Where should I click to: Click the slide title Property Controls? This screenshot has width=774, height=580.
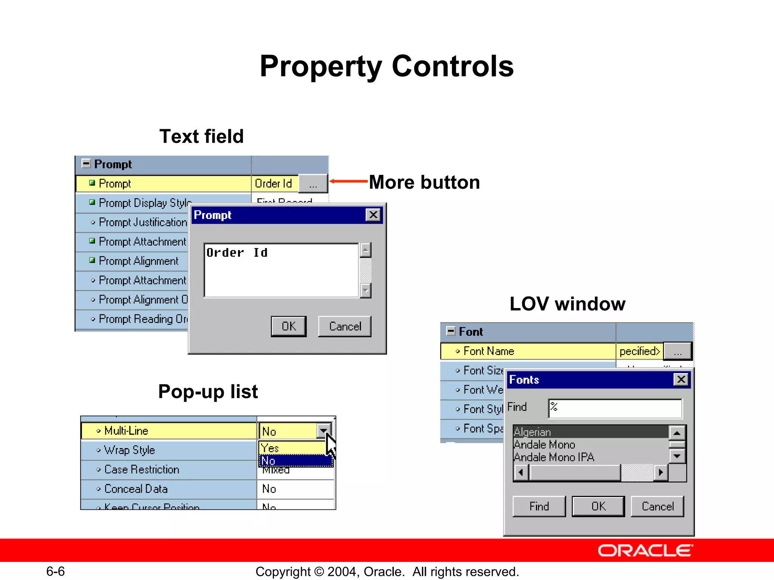(387, 66)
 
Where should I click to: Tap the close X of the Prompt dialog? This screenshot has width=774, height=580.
(373, 215)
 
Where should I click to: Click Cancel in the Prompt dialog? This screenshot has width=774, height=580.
(345, 326)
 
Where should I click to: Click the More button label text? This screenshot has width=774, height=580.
(424, 182)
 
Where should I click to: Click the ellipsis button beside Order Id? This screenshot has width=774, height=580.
(313, 184)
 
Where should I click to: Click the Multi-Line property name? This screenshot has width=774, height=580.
(126, 431)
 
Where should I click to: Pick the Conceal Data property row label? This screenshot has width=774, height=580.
(136, 489)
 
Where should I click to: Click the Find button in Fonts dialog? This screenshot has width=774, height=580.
(539, 506)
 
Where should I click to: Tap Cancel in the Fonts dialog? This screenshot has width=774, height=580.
(658, 506)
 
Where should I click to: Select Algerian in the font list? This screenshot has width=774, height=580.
(532, 432)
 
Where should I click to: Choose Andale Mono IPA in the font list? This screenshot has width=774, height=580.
(554, 457)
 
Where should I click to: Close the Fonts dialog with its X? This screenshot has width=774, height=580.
(681, 379)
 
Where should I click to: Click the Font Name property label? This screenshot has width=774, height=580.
(489, 351)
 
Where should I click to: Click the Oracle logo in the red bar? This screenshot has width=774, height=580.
(645, 551)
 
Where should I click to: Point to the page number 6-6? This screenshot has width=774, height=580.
(56, 571)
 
